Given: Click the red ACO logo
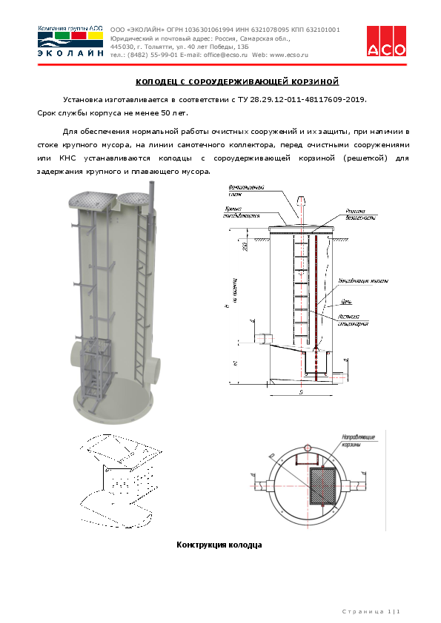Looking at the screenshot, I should tap(387, 41).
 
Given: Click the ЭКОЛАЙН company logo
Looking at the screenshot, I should tap(70, 41).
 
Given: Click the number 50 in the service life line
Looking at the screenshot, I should tap(176, 113).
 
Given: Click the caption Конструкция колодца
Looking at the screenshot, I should tap(219, 545).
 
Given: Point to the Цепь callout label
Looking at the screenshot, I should tap(346, 302).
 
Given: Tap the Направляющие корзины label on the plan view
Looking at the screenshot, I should tap(357, 442).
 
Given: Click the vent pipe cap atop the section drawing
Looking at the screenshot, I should tap(301, 200).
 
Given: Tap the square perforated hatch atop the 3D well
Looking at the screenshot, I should tap(92, 199).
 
